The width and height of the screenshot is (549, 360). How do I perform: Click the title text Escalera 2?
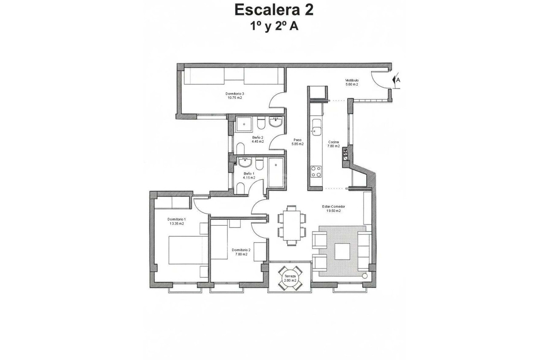coord(274,10)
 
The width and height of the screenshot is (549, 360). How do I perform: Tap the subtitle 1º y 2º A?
coord(274,26)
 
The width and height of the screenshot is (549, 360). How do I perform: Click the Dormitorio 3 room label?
coord(235,96)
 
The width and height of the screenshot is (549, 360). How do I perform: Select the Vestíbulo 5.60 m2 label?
coord(352,82)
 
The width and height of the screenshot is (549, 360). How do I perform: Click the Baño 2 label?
coord(258,139)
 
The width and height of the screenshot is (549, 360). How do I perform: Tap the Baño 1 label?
coord(249,175)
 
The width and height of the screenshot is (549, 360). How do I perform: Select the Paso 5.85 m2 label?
coord(297,142)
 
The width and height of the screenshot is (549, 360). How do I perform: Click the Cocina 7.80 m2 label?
coord(334,144)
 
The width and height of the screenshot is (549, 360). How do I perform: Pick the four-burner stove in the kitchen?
coord(316,171)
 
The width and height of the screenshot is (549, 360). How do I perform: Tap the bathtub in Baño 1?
coord(275,172)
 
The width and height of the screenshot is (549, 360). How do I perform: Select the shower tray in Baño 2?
coord(243,124)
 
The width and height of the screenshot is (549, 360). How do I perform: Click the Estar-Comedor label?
coord(333,209)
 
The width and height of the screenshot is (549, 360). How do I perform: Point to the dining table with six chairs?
coord(291,224)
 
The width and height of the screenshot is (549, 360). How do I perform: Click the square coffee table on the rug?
coord(342,251)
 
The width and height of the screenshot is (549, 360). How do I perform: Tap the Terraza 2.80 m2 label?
coord(290,278)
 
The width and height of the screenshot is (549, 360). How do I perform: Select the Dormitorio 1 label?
coord(176,221)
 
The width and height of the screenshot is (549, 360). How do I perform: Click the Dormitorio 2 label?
coord(241,252)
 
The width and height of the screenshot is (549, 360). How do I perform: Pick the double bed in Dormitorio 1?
coord(188,250)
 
